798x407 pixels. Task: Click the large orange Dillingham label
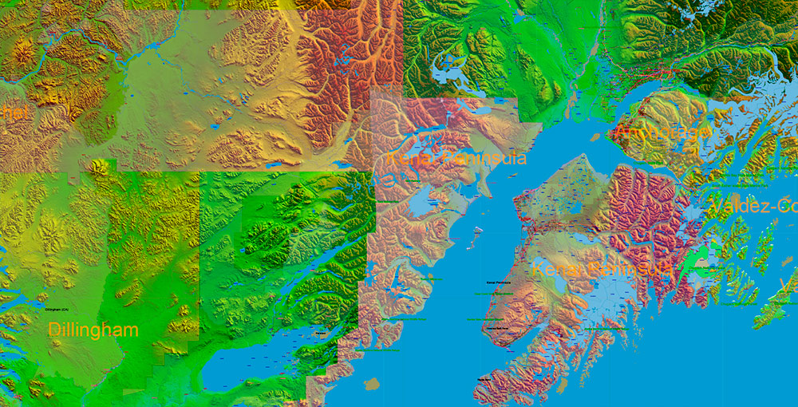click(x=93, y=330)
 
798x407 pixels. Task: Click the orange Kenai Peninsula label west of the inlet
click(x=456, y=158)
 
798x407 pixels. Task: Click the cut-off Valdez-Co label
click(x=753, y=207)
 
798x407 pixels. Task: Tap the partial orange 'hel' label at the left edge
click(x=14, y=113)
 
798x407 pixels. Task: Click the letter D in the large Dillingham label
click(x=54, y=330)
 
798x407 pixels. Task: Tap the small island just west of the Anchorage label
click(x=595, y=136)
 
